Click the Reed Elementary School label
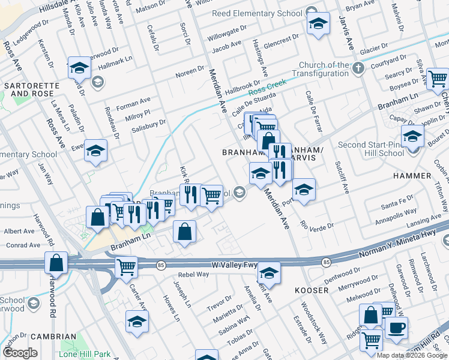point(257,13)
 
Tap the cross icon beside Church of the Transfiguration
point(358,67)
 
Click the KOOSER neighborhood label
point(311,290)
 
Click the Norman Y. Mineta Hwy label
point(399,243)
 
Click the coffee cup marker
point(396,328)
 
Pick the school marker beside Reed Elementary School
point(318,24)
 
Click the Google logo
point(20,352)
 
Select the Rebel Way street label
point(193,274)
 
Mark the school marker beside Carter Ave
point(137,322)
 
